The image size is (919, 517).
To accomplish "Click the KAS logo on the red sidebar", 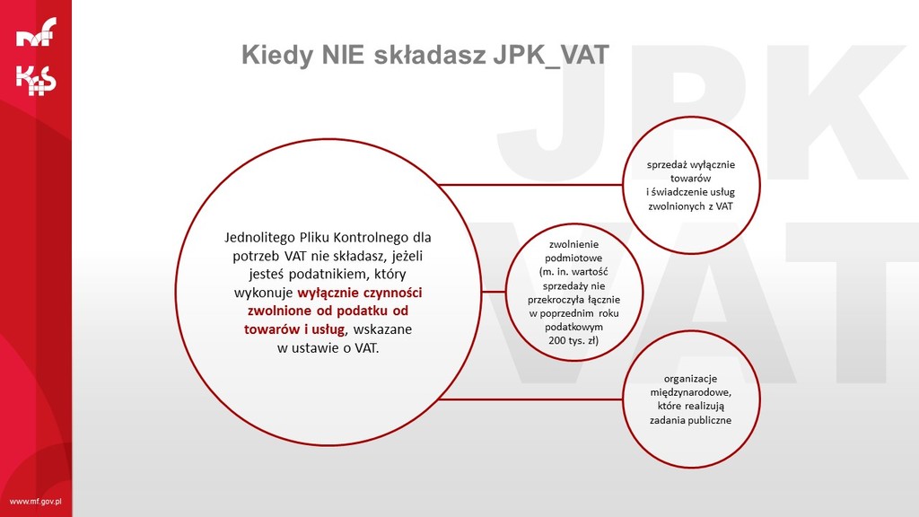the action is pos(36,80).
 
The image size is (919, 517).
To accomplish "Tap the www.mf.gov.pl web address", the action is pos(36,502).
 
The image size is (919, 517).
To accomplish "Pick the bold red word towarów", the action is pos(273,329).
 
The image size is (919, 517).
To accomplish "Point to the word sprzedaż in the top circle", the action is pos(667,165).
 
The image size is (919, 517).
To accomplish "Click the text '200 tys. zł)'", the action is pos(573,340).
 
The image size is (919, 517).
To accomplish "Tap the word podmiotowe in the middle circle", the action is pos(573,258).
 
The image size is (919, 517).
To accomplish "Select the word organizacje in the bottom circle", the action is pos(690,379).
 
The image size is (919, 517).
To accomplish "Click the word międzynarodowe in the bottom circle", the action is pos(690,392).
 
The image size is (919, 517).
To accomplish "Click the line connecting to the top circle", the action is pos(530,185).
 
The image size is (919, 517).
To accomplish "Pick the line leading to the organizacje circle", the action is pos(530,399).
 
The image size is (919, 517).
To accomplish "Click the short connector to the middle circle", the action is pos(493,292).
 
